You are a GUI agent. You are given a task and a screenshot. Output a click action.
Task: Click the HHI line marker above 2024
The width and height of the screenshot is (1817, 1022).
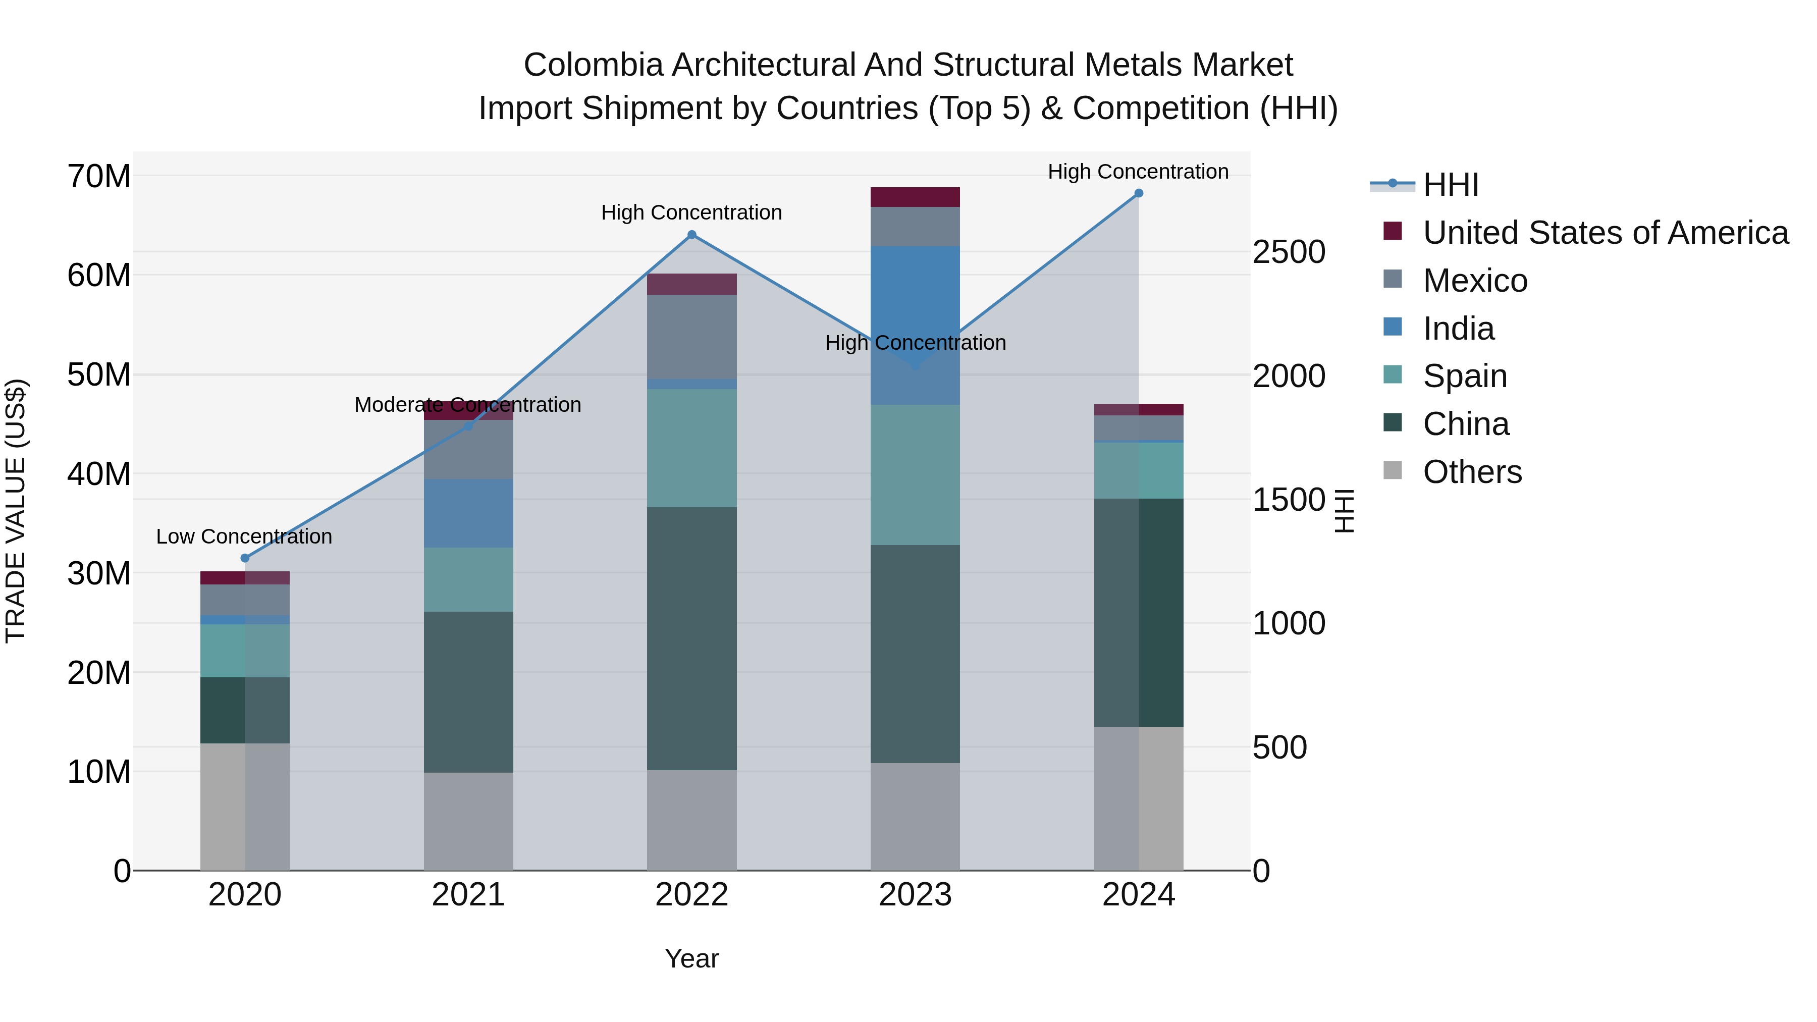pos(1139,193)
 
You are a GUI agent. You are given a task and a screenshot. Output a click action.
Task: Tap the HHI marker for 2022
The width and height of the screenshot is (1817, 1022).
pos(691,235)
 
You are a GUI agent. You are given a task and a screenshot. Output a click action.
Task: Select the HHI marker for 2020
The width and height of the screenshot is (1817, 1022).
pos(245,558)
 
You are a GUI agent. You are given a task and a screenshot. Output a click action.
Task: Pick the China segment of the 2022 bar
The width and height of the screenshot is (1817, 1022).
pos(691,638)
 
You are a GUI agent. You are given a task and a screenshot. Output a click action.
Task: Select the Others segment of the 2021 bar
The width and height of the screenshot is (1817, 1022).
pos(468,821)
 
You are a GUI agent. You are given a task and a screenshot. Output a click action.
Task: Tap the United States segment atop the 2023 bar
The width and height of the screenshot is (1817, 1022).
pos(915,197)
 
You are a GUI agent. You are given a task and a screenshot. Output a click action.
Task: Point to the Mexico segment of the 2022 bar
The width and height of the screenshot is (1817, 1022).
pos(691,337)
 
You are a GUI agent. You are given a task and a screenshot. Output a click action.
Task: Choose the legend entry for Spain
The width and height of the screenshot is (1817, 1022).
pos(1464,376)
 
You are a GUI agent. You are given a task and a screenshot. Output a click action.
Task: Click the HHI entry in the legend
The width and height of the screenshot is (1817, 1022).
pos(1450,185)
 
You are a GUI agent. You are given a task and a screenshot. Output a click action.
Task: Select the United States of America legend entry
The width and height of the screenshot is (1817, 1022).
pos(1605,233)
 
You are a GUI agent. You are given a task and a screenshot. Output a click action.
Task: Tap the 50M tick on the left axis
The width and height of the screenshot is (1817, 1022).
pos(99,374)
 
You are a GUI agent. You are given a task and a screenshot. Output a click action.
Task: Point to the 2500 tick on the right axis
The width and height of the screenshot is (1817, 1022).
pos(1289,252)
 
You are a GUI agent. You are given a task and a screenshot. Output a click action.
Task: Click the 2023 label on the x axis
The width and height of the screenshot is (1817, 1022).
pos(915,895)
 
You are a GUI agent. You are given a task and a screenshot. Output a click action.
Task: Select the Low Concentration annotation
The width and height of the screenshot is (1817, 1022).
pos(244,537)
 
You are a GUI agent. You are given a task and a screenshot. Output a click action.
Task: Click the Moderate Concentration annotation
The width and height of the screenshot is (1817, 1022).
pos(468,405)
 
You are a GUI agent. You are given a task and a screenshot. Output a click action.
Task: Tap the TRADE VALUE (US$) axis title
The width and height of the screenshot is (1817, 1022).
pos(16,511)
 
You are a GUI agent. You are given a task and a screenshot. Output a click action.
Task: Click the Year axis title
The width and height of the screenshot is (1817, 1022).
pos(691,958)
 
